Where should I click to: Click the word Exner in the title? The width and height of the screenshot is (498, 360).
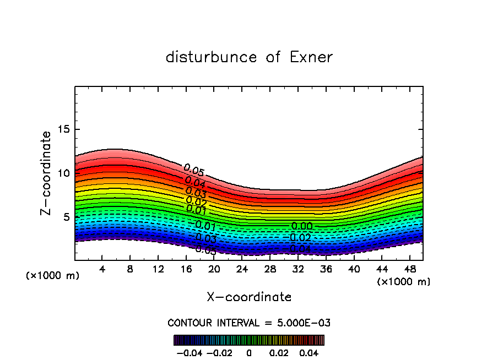tap(311, 57)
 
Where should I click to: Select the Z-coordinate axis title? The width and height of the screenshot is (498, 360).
tap(47, 173)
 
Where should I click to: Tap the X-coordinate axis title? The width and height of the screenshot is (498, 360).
tap(249, 297)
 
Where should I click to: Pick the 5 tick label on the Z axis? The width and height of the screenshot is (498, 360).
tap(65, 217)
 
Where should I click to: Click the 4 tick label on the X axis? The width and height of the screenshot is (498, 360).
tap(102, 269)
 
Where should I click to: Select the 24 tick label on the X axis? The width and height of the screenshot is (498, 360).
tap(242, 269)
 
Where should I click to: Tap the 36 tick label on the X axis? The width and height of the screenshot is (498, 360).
tap(326, 269)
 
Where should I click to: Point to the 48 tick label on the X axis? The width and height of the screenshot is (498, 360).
tap(409, 269)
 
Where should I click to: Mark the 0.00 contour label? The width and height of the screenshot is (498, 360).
tap(302, 226)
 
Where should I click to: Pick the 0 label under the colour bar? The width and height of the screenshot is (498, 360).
tap(249, 352)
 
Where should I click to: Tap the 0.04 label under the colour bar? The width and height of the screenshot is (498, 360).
tap(308, 352)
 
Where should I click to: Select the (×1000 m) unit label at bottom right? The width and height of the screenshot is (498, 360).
tap(404, 282)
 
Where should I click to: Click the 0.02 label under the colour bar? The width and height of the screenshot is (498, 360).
tap(279, 352)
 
